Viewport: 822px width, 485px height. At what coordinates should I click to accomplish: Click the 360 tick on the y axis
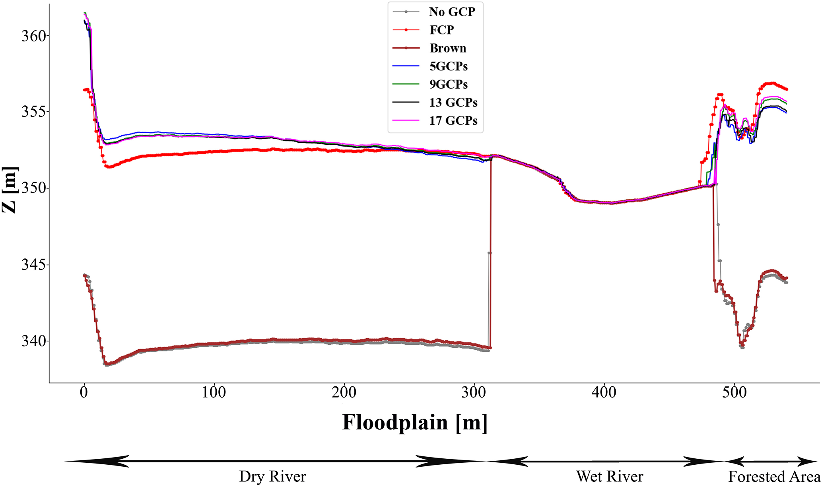30,36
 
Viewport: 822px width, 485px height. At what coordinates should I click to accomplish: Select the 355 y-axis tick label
30,112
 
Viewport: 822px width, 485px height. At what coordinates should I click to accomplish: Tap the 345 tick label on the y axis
30,265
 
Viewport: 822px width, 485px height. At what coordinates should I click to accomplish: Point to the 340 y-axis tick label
30,341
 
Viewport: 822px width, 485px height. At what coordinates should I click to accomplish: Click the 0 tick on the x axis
84,393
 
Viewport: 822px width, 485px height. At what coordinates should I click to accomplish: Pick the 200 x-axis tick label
344,393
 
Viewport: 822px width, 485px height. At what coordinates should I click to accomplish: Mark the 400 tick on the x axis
604,393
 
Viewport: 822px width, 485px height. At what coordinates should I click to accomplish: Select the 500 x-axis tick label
734,393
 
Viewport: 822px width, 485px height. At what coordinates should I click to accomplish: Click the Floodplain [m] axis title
415,422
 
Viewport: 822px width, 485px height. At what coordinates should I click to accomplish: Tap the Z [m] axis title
10,190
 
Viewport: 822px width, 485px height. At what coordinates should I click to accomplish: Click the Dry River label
272,476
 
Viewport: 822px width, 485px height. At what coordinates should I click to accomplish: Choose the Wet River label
610,476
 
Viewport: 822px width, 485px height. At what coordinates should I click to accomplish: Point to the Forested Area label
774,476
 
